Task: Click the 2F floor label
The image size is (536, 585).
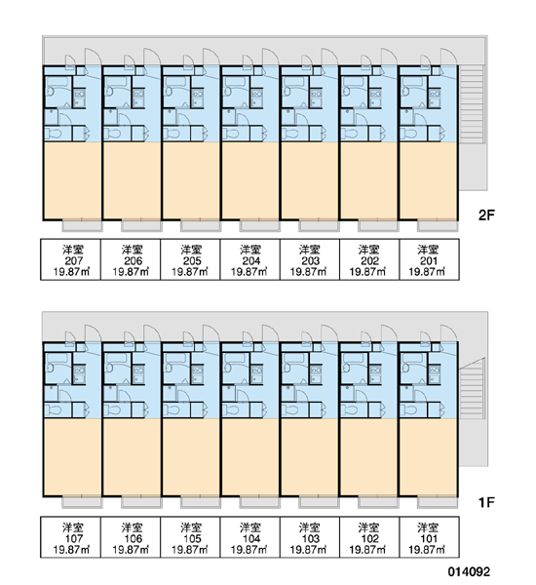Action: [486, 215]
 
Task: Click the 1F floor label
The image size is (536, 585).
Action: [486, 502]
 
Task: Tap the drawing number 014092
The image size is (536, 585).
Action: [469, 571]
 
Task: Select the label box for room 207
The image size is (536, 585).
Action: [71, 259]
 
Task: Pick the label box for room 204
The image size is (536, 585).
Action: [249, 259]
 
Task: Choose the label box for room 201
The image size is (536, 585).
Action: [429, 259]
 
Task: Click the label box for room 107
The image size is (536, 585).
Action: [71, 537]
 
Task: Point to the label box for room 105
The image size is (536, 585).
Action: [190, 537]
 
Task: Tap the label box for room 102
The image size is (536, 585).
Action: [369, 537]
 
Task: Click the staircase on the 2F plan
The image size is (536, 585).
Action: [472, 104]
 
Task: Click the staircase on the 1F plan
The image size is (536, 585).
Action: [472, 388]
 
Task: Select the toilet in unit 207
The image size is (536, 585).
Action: [55, 134]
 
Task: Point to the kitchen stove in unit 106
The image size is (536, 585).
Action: [138, 375]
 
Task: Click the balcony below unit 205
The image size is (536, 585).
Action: [201, 226]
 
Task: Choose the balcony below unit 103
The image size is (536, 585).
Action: [320, 502]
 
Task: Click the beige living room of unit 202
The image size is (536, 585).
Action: [369, 181]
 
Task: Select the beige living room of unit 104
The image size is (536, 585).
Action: [249, 457]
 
